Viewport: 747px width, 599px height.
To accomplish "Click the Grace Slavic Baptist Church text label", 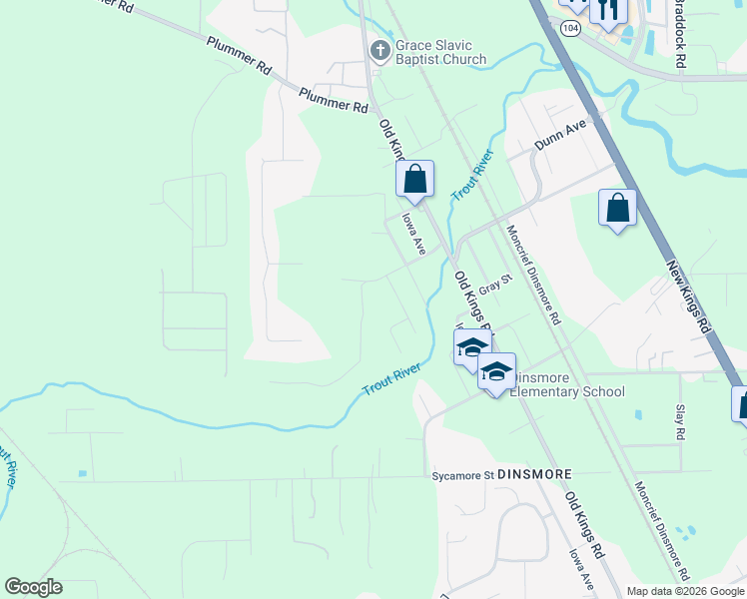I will click(x=440, y=52).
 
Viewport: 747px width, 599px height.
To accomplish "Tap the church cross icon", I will click(x=379, y=49).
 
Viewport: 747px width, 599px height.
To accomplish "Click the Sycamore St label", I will click(x=461, y=474).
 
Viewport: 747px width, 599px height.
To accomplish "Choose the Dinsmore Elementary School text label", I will click(x=565, y=384).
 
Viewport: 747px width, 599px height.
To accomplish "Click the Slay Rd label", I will click(x=679, y=422).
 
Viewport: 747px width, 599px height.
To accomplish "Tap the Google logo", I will click(x=33, y=587).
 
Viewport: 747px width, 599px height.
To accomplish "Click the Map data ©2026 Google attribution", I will click(x=683, y=591).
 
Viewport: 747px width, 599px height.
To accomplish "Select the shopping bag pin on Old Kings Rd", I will click(x=414, y=181).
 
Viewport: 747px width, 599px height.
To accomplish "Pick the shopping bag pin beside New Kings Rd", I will click(x=618, y=209).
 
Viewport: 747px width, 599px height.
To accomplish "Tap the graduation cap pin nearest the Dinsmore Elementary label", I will click(x=495, y=372).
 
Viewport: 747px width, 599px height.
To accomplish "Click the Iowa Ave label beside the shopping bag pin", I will click(x=413, y=233).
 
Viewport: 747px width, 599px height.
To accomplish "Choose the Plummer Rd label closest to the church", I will click(x=333, y=99).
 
